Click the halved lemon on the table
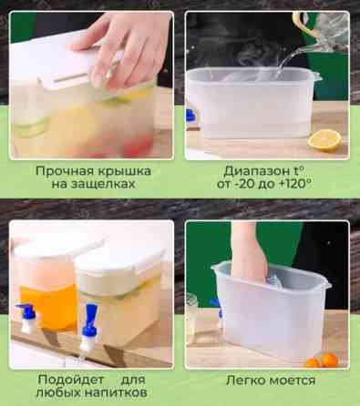tap(324, 140)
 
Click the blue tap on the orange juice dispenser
tap(28, 317)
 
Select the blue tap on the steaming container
tap(191, 116)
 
